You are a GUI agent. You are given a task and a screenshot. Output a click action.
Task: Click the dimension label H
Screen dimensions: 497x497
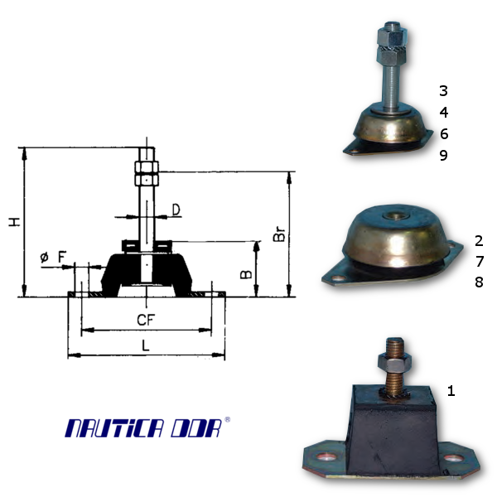point(15,222)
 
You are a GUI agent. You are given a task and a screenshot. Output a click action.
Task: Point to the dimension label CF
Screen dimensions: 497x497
point(146,320)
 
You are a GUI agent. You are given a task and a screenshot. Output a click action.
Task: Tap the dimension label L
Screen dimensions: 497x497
point(145,345)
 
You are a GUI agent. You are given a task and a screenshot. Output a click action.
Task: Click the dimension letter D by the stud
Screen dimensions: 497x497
point(176,210)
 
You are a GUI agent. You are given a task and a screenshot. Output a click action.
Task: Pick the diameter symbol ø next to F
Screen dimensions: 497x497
point(45,257)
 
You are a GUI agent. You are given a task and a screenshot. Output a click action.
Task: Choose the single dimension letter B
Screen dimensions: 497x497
point(246,274)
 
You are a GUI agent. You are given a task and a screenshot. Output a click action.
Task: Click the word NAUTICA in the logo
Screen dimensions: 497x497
point(115,428)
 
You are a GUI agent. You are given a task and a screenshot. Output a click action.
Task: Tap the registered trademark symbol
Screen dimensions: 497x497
point(227,420)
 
